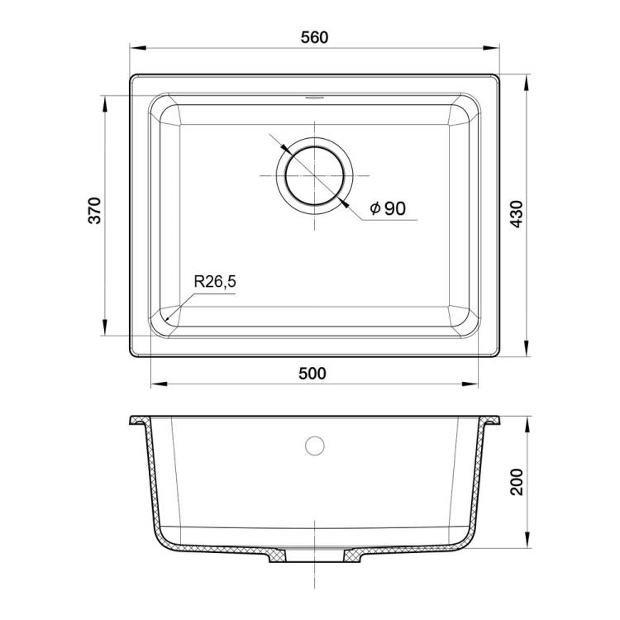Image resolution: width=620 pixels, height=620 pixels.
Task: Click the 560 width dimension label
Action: tap(314, 37)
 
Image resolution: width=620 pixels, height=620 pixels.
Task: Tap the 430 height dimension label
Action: tap(517, 214)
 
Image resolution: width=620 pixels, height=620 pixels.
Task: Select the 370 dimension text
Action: tap(95, 211)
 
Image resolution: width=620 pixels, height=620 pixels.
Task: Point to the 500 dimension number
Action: tap(312, 374)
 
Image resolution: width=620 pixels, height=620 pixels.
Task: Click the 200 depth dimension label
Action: tap(517, 482)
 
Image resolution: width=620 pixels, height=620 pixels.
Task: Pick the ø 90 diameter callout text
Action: tap(388, 208)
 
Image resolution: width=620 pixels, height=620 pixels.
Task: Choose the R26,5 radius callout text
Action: tap(215, 282)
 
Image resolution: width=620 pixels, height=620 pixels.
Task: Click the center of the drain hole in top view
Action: tap(314, 175)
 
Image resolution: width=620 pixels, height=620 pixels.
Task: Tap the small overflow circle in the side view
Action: tap(315, 446)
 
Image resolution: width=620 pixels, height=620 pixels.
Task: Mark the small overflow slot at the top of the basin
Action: tap(314, 98)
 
